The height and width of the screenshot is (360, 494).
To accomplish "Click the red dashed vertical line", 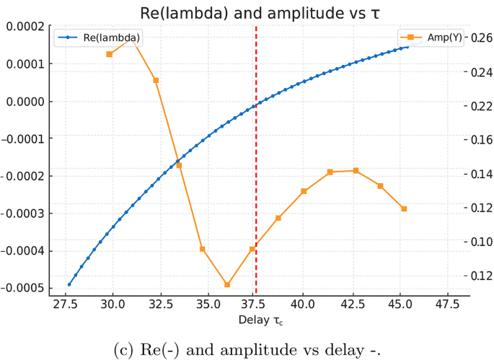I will pyautogui.click(x=256, y=180).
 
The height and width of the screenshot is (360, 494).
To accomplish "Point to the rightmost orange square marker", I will pyautogui.click(x=404, y=208).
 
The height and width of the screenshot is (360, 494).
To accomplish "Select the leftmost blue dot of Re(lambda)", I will pyautogui.click(x=69, y=284).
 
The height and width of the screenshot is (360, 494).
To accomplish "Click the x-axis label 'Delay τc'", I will pyautogui.click(x=261, y=320).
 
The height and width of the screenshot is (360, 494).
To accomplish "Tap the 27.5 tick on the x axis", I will pyautogui.click(x=66, y=304).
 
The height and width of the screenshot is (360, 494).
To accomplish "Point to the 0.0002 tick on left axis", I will pyautogui.click(x=25, y=27).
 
